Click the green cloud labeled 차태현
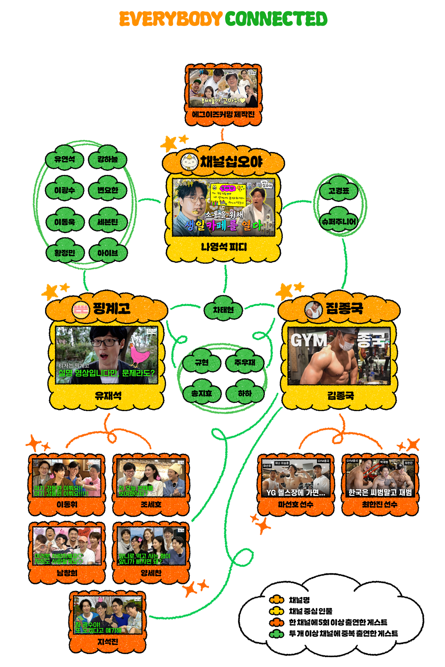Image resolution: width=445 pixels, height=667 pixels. (x=223, y=309)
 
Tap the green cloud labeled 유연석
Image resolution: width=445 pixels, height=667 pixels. (x=65, y=159)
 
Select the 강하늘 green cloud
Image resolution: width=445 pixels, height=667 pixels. (x=107, y=159)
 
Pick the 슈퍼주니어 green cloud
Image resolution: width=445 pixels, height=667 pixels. (x=339, y=221)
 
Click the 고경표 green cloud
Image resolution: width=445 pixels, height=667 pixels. (x=339, y=190)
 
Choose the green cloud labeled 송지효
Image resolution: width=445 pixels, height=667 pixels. (x=202, y=393)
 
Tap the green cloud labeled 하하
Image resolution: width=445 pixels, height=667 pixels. (x=245, y=393)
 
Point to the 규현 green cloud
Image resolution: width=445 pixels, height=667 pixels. (x=202, y=362)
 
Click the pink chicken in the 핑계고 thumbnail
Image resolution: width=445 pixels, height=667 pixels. (x=139, y=355)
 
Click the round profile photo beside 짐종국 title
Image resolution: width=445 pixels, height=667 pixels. (x=313, y=309)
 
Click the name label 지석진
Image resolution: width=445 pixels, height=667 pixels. (x=107, y=641)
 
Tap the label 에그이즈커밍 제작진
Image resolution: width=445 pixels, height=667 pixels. (x=223, y=114)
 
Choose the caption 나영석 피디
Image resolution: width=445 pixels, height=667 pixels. (x=224, y=247)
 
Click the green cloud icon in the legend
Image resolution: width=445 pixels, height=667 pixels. (x=276, y=634)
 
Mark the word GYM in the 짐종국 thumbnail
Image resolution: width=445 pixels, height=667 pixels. (x=309, y=340)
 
